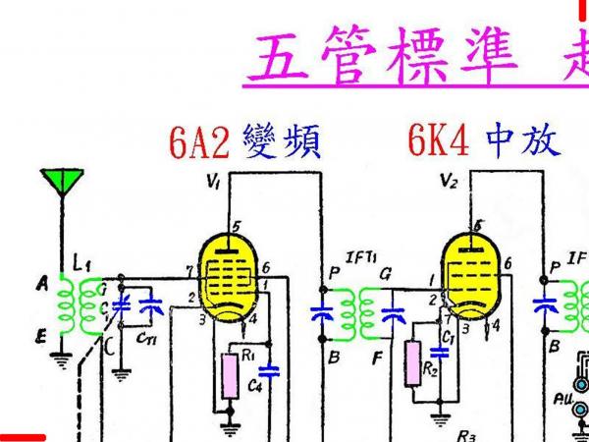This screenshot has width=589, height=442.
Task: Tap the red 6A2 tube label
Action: coord(198,142)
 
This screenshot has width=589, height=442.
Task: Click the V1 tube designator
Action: coord(214,182)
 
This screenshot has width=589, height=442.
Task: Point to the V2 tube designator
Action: coord(450,182)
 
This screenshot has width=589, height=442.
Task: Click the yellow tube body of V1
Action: coord(229,275)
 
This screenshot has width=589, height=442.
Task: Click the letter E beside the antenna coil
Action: coord(42,337)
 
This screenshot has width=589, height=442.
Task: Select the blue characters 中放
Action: coord(525,142)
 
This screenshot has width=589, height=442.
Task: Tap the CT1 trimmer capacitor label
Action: coord(144,339)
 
